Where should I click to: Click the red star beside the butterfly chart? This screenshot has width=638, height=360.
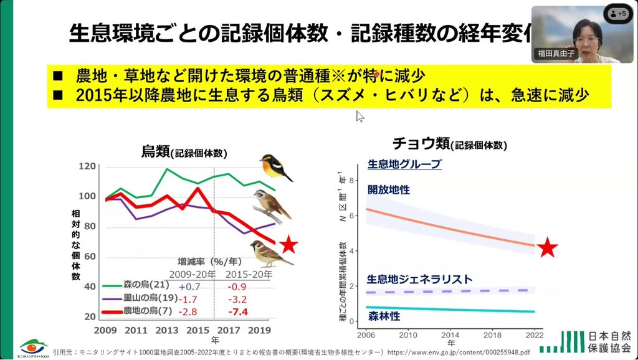click(x=548, y=247)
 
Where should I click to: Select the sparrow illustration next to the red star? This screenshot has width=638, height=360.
click(x=269, y=252)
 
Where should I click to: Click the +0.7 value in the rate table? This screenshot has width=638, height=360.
click(x=189, y=286)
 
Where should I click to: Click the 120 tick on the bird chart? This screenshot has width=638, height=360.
click(x=87, y=166)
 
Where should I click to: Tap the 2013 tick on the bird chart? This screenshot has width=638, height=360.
click(x=167, y=329)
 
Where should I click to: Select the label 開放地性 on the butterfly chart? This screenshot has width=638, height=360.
click(x=389, y=189)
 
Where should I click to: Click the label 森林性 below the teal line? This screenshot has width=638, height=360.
click(x=384, y=316)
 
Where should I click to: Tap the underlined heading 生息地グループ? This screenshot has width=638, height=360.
click(x=404, y=164)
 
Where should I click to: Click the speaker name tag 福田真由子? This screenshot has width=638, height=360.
click(x=556, y=54)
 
